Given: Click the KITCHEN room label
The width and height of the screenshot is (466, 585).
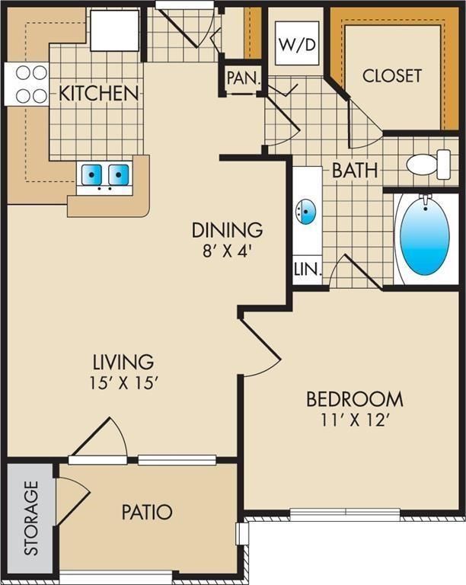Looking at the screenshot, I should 99,94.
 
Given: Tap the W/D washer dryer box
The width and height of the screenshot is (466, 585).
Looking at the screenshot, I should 297,44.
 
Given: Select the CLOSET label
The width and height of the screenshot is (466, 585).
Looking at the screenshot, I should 391,75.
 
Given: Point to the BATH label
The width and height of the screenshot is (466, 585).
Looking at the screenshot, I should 354,170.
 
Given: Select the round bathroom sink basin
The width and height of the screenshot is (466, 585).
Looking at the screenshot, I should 306,212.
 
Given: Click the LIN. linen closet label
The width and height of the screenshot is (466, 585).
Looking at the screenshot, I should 308,269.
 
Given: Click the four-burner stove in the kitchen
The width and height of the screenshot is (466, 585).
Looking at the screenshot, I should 28,84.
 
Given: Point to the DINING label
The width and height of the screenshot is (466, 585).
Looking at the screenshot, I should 227,229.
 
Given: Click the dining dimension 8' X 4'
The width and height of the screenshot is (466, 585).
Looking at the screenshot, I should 227,250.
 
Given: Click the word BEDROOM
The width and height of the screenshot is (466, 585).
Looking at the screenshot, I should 354,398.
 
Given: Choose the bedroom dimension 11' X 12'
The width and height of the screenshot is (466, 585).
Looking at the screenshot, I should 354,420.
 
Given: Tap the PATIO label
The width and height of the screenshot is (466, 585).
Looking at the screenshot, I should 146,512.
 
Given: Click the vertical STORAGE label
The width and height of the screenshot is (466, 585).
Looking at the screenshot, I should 30,517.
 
